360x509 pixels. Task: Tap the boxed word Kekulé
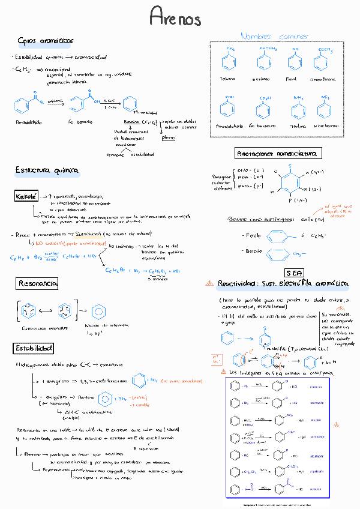click(x=27, y=197)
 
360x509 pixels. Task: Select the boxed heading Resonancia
click(x=37, y=282)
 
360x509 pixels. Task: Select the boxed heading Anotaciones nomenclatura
click(x=278, y=153)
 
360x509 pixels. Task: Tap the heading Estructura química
click(x=47, y=171)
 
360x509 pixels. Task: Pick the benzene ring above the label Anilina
click(x=298, y=110)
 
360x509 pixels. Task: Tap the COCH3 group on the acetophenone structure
click(x=326, y=49)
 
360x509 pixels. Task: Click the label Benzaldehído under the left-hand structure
click(x=26, y=122)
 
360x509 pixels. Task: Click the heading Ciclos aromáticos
click(x=46, y=40)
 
